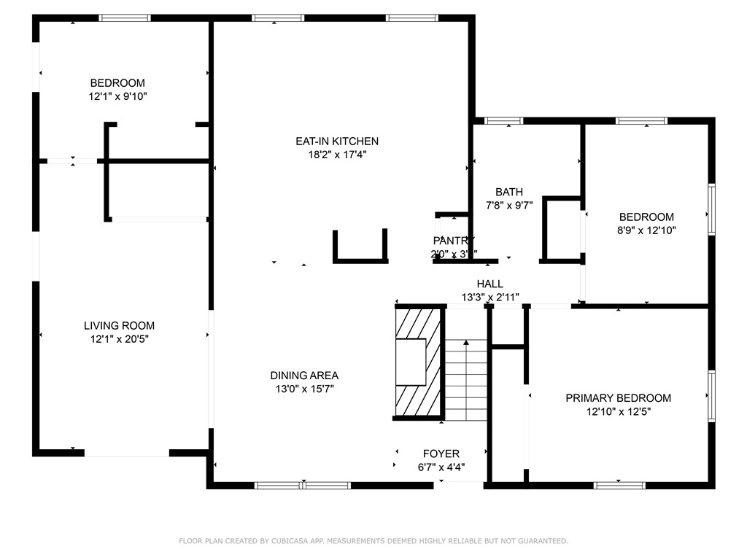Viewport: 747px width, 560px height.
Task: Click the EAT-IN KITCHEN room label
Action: [336, 141]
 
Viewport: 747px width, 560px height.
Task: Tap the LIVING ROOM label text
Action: [119, 326]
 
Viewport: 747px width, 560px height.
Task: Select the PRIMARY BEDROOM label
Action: [618, 398]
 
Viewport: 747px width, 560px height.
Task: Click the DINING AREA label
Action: [304, 376]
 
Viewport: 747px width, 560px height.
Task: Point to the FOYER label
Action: [441, 454]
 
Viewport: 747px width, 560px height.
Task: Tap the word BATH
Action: [509, 192]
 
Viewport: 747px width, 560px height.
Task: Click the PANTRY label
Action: [454, 241]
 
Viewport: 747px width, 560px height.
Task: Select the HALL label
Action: [489, 284]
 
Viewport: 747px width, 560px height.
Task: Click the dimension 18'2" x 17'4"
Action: [336, 155]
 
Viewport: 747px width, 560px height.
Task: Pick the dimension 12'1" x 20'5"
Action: [119, 339]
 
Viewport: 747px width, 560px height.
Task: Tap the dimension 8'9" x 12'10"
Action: [646, 230]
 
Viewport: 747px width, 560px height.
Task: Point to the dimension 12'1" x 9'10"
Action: [117, 96]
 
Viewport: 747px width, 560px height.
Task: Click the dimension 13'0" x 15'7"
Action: [304, 389]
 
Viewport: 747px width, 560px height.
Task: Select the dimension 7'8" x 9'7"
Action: [509, 206]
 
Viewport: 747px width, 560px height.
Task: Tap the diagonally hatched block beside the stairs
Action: [419, 362]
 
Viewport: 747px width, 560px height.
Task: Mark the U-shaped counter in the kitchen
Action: [360, 257]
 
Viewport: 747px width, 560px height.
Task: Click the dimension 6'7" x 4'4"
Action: [441, 467]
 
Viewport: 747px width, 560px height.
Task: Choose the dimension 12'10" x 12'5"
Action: [618, 411]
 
